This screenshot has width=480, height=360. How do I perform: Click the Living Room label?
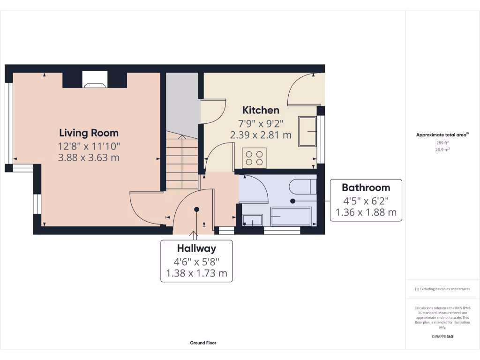click(89, 133)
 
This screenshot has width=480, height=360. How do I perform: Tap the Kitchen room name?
click(261, 110)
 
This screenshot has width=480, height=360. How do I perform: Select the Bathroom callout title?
click(366, 187)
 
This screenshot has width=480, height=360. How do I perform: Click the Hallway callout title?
click(196, 248)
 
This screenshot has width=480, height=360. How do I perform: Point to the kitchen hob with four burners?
click(254, 157)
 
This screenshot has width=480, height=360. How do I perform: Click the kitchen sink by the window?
click(307, 131)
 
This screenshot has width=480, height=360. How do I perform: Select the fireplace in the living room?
click(95, 80)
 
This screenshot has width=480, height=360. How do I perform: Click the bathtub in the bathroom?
click(291, 217)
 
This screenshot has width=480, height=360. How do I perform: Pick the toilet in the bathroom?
click(300, 187)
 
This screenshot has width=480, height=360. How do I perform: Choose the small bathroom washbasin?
click(253, 220)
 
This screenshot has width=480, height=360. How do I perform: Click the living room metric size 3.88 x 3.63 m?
click(89, 157)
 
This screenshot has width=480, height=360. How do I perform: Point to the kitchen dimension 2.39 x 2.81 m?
click(261, 135)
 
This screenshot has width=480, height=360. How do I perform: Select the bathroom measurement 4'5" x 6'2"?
click(366, 201)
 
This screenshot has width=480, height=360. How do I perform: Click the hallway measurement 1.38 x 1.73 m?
click(196, 273)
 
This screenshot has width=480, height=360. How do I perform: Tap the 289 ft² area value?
click(442, 142)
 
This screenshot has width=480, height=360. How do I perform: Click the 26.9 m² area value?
click(442, 150)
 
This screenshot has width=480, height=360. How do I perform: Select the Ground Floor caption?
click(203, 343)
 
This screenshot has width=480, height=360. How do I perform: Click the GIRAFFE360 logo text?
click(442, 337)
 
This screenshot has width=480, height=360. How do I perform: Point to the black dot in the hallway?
click(197, 210)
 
